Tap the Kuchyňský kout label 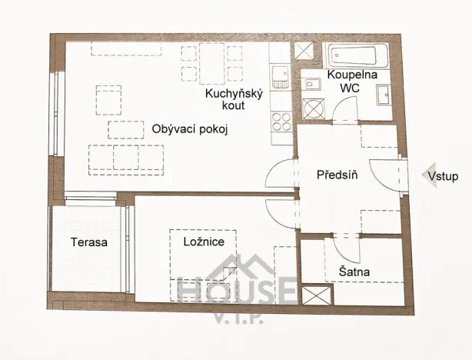pos(234,99)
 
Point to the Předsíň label pos(336,175)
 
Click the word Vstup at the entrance pos(444,177)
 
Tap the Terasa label pos(89,242)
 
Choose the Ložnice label pos(203,242)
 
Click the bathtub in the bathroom pos(357,56)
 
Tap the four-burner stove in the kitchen pos(281,121)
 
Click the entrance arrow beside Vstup pos(422,177)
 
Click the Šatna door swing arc pos(340,248)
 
